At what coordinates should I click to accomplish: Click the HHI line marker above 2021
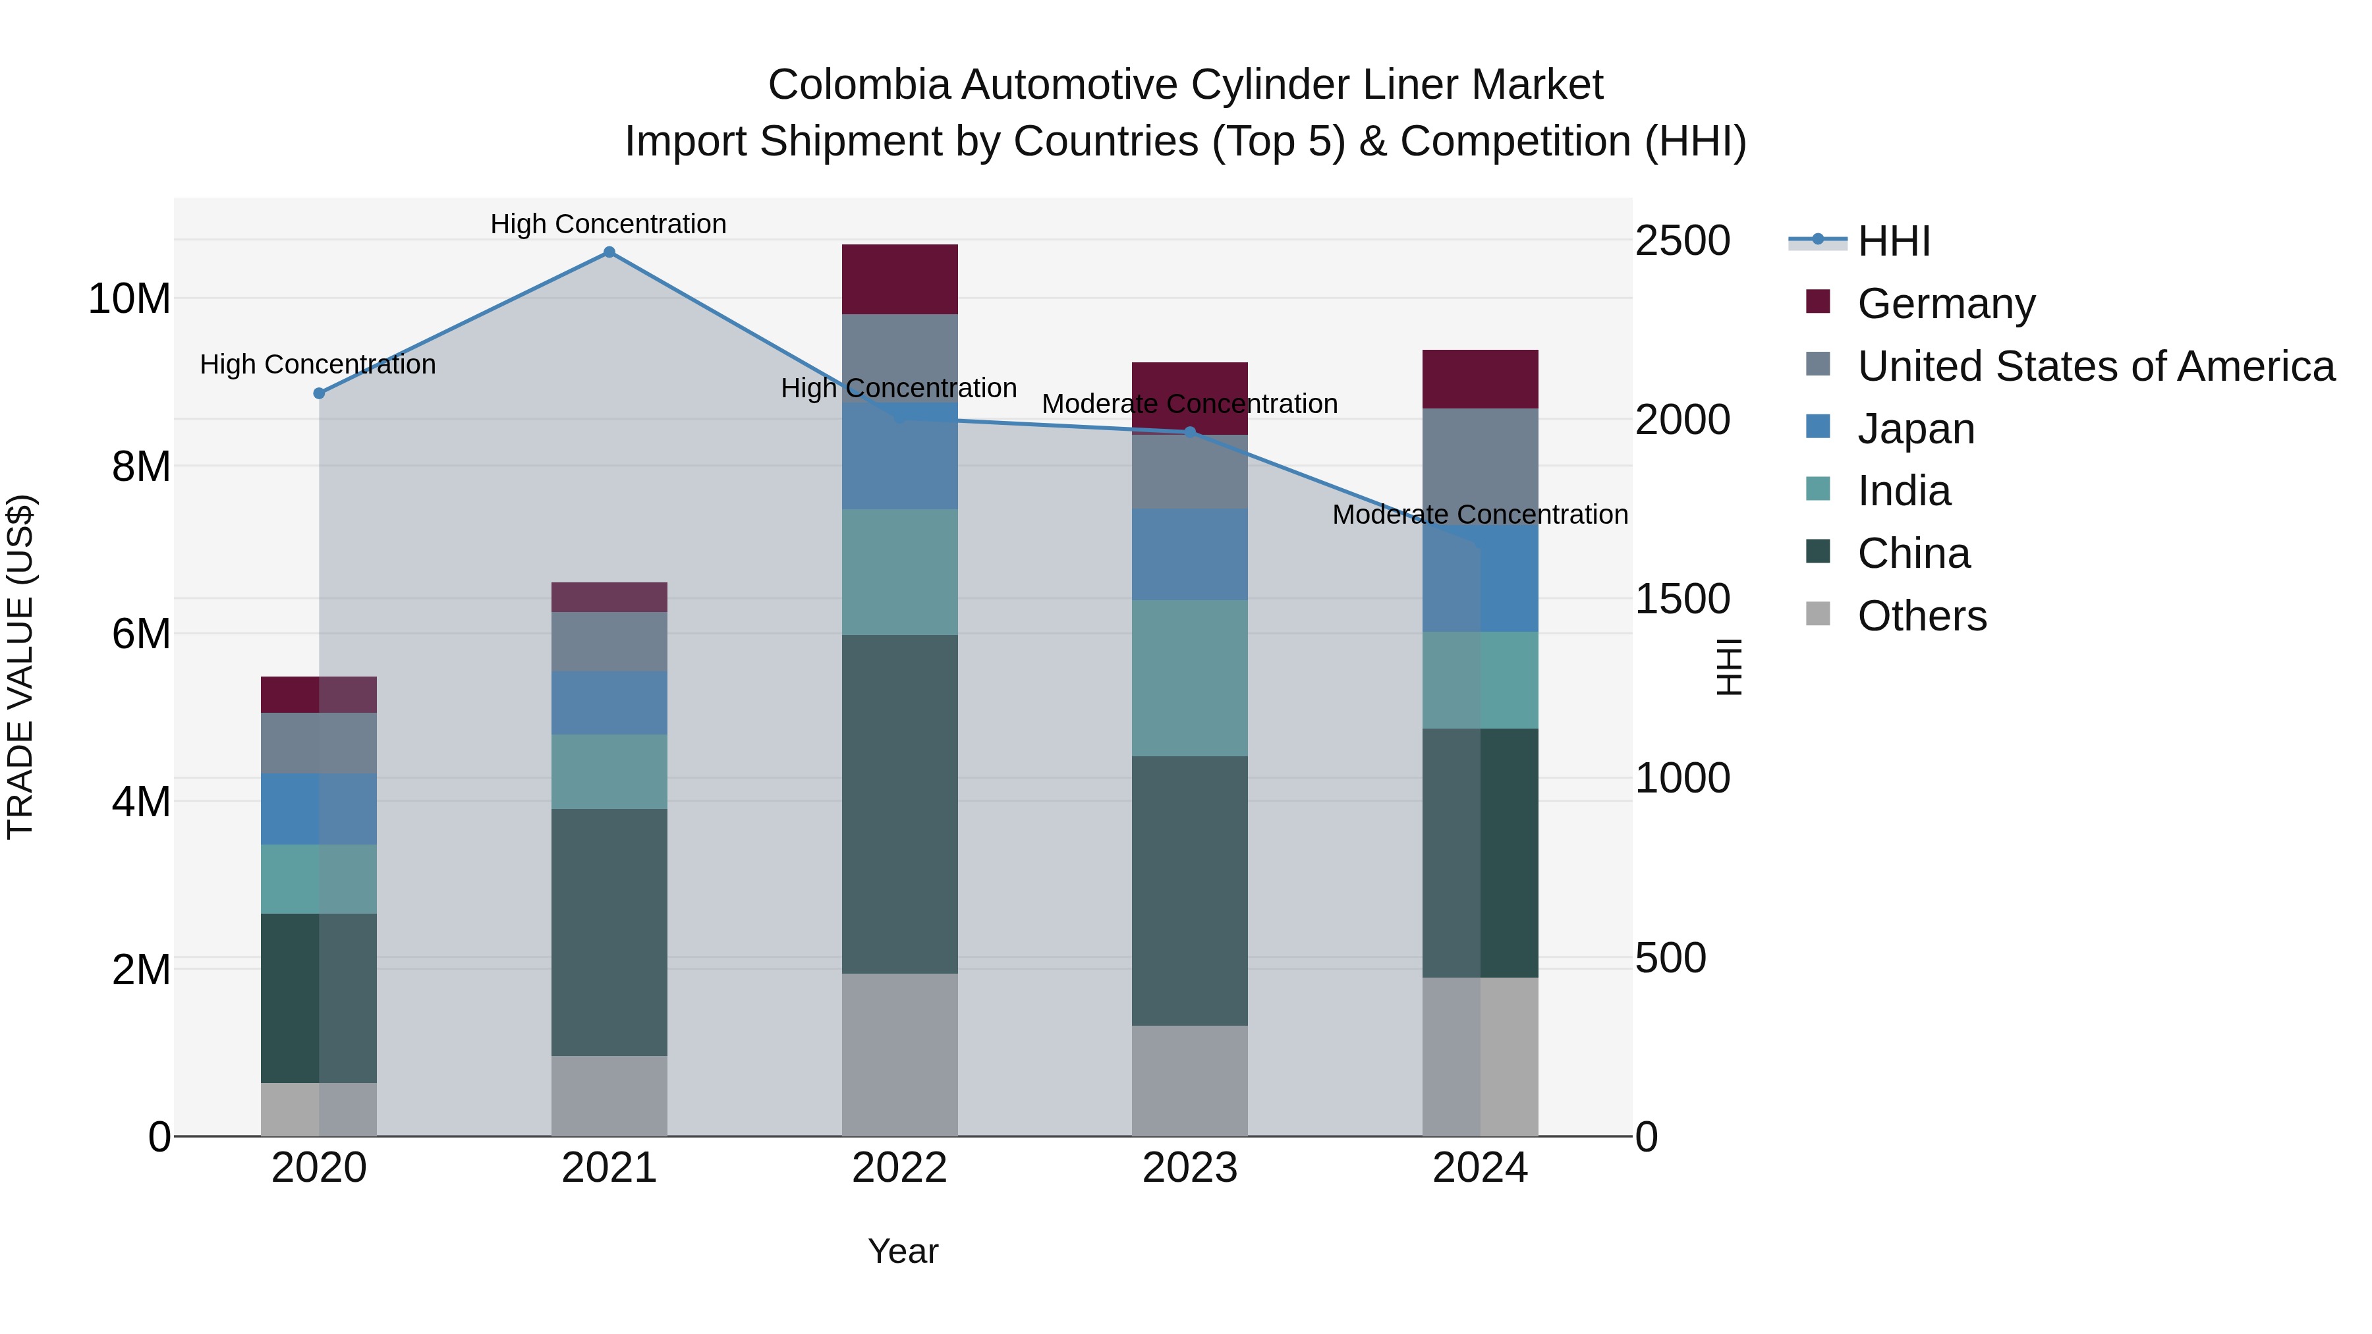[609, 252]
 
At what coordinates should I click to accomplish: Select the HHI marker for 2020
[320, 393]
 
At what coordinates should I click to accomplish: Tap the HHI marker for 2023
[1190, 431]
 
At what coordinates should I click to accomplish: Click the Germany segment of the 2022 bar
[899, 279]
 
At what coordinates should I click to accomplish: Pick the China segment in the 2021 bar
[609, 931]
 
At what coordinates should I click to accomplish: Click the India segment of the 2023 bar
[1190, 678]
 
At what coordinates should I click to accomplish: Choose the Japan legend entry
[1915, 429]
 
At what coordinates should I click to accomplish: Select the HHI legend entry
[1893, 241]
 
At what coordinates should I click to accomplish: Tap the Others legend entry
[1922, 616]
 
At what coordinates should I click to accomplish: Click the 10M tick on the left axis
[129, 299]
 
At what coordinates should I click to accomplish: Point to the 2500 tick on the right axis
[1681, 241]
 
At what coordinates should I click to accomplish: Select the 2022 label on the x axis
[899, 1168]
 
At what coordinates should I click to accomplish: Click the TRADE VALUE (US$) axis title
[20, 667]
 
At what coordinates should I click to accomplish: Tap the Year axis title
[903, 1251]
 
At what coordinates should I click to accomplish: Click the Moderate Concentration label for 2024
[1480, 514]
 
